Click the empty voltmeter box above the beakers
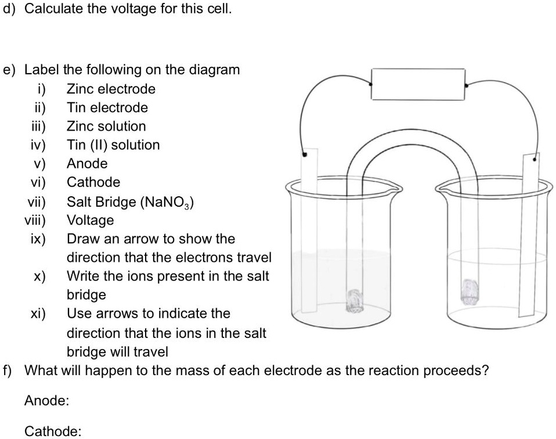[x=418, y=85]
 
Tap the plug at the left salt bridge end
[x=353, y=301]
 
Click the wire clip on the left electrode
[x=304, y=154]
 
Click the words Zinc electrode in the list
[x=111, y=89]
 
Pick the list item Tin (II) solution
[x=113, y=145]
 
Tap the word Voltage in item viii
[x=91, y=220]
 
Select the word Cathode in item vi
[x=93, y=182]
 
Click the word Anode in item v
[x=87, y=163]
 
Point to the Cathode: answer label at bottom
[x=52, y=431]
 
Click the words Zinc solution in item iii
[x=106, y=126]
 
